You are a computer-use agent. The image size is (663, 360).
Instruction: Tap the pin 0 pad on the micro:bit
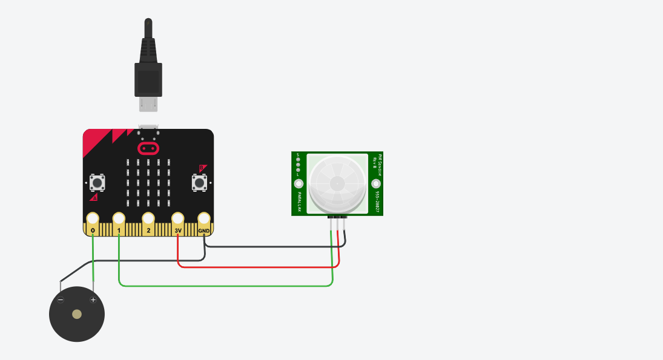tap(93, 218)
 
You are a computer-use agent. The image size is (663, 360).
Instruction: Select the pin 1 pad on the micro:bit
tap(119, 218)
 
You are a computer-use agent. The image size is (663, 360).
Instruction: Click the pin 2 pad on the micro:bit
tap(148, 218)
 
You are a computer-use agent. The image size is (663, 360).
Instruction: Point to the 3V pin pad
tap(177, 218)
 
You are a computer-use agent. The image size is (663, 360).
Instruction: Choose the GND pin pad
tap(204, 218)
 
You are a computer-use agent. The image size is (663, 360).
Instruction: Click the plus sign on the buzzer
tap(93, 299)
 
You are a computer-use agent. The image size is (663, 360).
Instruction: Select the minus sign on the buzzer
tap(61, 299)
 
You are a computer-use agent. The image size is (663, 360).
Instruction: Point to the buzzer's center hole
tap(77, 314)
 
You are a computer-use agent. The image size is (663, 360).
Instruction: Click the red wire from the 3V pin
tap(254, 266)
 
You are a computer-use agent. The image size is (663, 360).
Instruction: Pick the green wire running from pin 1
tap(224, 286)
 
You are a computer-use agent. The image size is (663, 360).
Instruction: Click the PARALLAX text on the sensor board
tap(299, 200)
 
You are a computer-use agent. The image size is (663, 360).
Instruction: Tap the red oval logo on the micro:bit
tap(148, 148)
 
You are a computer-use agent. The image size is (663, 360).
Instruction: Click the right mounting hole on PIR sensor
tap(376, 184)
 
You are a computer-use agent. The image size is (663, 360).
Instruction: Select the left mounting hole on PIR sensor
tap(299, 184)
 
